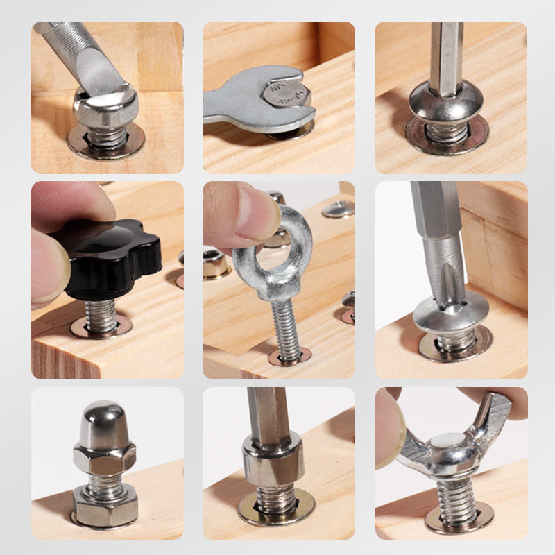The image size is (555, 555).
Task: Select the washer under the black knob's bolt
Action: point(101,327)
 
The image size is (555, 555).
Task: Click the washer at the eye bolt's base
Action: point(290,357)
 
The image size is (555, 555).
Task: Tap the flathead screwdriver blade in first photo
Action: point(97,69)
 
